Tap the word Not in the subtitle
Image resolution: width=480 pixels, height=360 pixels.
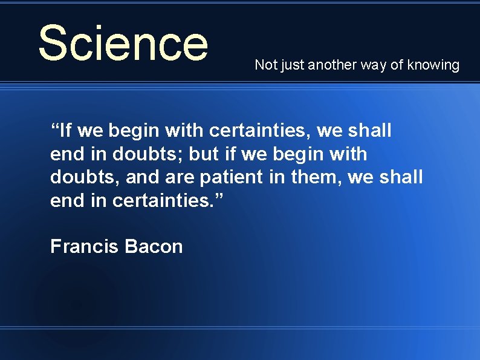[x=265, y=65]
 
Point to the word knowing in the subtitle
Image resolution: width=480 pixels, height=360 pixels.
[x=433, y=65]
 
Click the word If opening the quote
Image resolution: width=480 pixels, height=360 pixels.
[x=67, y=130]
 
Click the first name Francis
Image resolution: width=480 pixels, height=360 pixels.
[x=84, y=246]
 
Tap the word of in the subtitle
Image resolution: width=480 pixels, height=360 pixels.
[x=397, y=65]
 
